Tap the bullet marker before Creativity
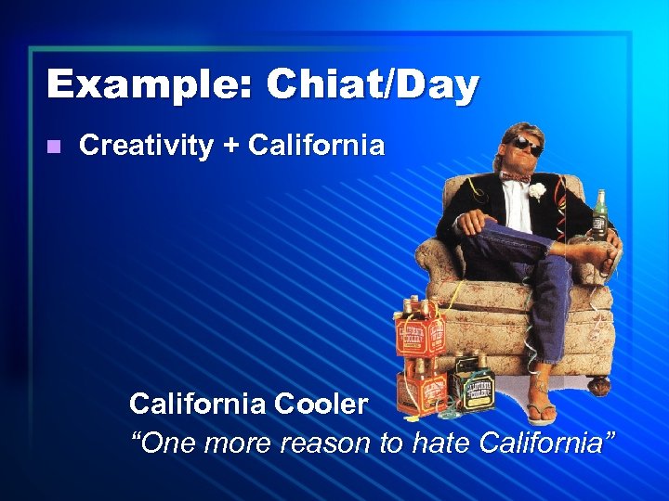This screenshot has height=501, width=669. point(53,147)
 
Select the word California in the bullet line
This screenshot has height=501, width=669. point(318,146)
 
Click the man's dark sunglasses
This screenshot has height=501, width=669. point(525,144)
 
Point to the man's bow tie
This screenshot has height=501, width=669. point(514,175)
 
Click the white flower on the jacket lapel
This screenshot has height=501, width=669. point(537,191)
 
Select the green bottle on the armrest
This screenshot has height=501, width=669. point(600,214)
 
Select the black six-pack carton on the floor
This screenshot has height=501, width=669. point(471,380)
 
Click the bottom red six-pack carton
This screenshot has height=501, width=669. point(419,388)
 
